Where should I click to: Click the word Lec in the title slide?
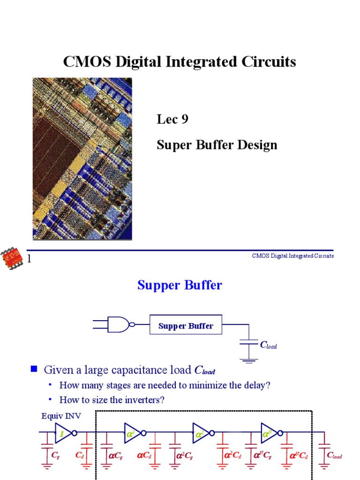pyautogui.click(x=167, y=119)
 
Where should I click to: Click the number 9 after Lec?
pyautogui.click(x=185, y=119)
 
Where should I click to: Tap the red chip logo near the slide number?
pyautogui.click(x=12, y=259)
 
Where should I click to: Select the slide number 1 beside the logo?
pyautogui.click(x=29, y=259)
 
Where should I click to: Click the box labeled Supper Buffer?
pyautogui.click(x=186, y=324)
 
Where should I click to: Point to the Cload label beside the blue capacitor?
pyautogui.click(x=269, y=345)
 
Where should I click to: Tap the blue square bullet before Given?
pyautogui.click(x=34, y=368)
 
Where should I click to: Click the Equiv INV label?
pyautogui.click(x=61, y=416)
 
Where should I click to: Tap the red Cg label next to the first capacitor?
pyautogui.click(x=55, y=455)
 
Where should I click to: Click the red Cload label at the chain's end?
pyautogui.click(x=334, y=455)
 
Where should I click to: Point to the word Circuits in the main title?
pyautogui.click(x=269, y=61)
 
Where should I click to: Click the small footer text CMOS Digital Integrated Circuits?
pyautogui.click(x=293, y=256)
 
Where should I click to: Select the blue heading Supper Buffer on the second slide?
pyautogui.click(x=180, y=285)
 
